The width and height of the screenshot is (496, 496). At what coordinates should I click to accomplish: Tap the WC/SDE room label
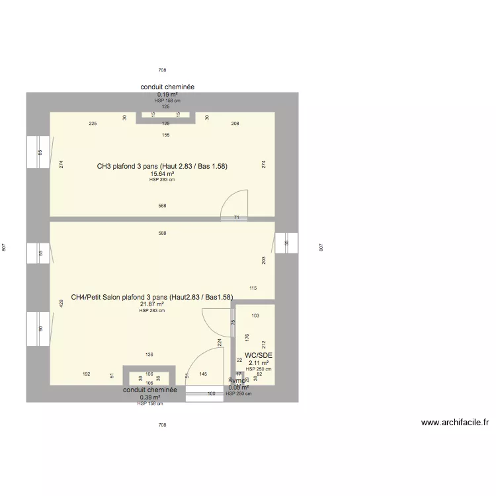(259, 355)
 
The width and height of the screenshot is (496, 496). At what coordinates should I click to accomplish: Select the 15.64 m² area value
(162, 174)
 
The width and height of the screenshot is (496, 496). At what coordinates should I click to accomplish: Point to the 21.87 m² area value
(152, 304)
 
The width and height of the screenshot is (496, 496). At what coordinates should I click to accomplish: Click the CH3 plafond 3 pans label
(162, 166)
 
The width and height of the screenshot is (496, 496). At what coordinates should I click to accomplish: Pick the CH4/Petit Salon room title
(152, 297)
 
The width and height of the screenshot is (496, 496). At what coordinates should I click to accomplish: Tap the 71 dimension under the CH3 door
(237, 217)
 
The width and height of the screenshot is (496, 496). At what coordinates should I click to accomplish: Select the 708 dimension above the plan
(162, 69)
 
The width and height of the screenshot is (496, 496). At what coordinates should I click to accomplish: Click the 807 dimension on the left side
(5, 247)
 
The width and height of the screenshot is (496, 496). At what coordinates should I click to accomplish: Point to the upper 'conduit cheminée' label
(167, 87)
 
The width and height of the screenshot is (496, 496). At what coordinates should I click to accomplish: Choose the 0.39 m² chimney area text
(150, 397)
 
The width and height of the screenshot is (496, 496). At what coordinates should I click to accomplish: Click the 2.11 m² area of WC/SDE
(259, 362)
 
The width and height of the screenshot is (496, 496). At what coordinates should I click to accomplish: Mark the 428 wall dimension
(61, 304)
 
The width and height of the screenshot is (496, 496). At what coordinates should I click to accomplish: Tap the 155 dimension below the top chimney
(165, 135)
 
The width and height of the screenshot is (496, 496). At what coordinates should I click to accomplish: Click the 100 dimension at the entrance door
(211, 393)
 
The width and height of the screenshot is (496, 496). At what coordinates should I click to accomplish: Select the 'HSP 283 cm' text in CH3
(162, 180)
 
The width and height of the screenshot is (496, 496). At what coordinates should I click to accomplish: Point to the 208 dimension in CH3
(235, 124)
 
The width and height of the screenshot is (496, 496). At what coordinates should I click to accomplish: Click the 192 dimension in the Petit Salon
(87, 374)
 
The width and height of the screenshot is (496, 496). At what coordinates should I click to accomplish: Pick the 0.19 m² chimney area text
(167, 95)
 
